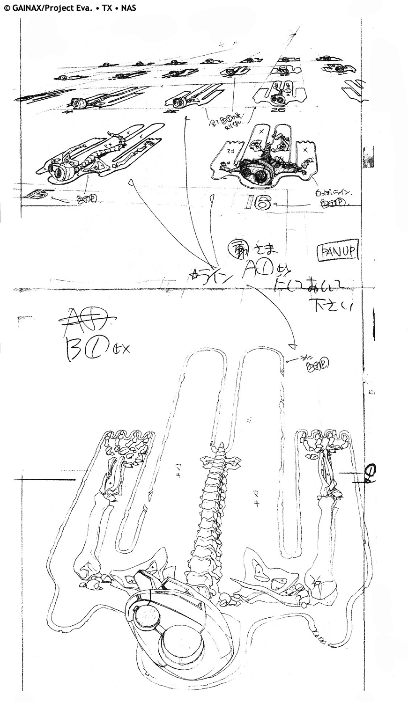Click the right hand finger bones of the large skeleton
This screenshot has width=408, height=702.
pyautogui.click(x=323, y=442)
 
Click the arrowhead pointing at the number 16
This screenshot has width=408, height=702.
pyautogui.click(x=278, y=205)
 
